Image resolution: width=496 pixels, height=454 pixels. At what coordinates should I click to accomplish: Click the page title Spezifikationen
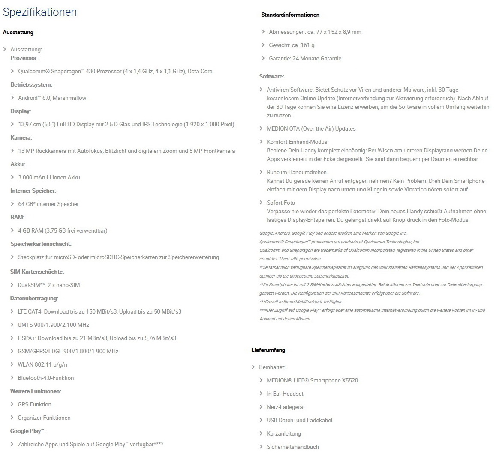click(40, 12)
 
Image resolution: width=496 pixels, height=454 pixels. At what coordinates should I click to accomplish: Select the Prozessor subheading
click(24, 58)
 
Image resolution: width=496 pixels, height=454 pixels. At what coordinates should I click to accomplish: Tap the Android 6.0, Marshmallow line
click(52, 98)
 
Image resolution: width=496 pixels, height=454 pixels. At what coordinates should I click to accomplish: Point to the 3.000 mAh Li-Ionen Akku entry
click(49, 177)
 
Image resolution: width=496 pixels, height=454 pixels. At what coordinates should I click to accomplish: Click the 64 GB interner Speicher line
click(48, 204)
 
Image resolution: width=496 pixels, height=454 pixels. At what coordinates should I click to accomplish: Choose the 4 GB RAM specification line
click(63, 230)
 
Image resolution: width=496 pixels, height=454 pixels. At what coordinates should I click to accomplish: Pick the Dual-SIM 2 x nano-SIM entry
click(48, 285)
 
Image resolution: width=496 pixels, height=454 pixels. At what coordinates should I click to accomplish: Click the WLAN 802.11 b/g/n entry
click(42, 364)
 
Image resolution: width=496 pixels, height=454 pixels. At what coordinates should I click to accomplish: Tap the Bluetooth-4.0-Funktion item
click(46, 378)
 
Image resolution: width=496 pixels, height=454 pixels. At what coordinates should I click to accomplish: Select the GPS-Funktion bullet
click(34, 404)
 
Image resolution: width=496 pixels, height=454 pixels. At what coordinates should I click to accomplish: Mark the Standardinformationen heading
click(290, 15)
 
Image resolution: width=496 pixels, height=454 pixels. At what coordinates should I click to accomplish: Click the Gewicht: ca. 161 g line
click(292, 45)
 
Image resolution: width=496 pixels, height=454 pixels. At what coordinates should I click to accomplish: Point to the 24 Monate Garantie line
click(305, 58)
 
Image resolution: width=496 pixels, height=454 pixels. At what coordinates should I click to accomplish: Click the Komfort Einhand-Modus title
click(297, 142)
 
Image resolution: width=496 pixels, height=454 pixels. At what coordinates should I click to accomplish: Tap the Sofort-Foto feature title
click(281, 203)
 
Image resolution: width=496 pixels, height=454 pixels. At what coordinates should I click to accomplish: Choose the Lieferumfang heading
click(268, 350)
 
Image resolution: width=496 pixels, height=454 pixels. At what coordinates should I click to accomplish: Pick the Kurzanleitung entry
click(283, 433)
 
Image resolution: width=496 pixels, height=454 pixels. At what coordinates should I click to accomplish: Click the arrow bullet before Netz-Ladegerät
click(261, 407)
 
